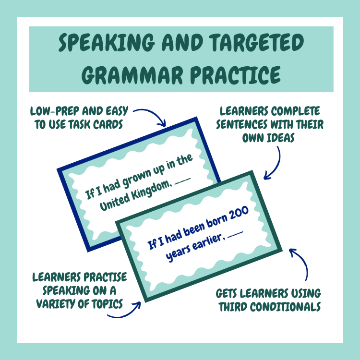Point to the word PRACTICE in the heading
pyautogui.click(x=236, y=75)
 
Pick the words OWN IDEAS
pyautogui.click(x=268, y=138)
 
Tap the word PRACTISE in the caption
pyautogui.click(x=102, y=277)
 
